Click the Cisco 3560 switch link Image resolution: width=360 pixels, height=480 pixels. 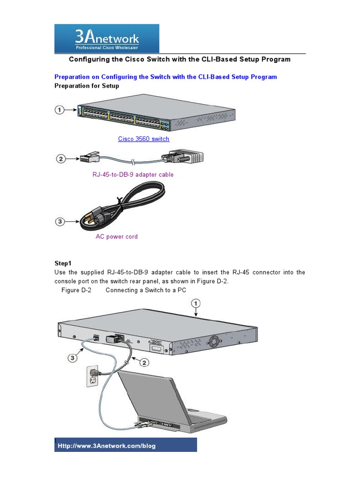tap(143, 139)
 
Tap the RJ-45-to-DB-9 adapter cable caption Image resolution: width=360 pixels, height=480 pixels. tap(133, 175)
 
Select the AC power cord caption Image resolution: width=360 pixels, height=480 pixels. tap(117, 237)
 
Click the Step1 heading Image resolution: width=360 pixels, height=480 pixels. tap(64, 264)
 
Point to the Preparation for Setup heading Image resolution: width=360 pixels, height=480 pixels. tap(87, 86)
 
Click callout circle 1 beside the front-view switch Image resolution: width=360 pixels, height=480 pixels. tap(60, 110)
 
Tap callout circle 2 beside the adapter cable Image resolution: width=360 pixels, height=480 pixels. tap(60, 159)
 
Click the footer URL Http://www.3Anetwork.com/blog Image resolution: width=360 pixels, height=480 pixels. tap(106, 446)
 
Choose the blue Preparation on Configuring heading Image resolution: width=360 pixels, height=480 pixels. tap(165, 77)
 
